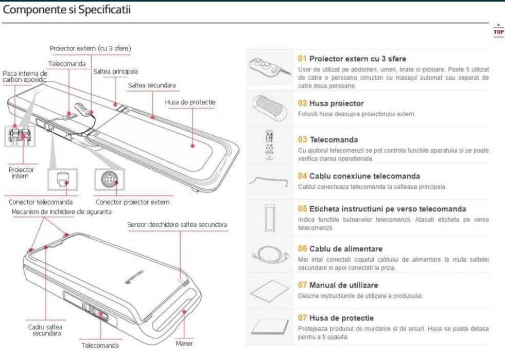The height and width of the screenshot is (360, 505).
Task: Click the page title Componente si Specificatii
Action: point(67,9)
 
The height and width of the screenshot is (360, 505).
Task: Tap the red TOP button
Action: point(498,31)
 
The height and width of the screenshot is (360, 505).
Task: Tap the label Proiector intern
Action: point(21,172)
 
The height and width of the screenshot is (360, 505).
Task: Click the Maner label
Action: point(184,343)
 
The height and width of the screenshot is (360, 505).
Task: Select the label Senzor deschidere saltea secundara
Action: point(177,225)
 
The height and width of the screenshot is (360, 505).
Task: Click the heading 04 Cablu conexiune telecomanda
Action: point(359,176)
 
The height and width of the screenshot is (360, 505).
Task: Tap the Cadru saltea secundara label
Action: point(45,330)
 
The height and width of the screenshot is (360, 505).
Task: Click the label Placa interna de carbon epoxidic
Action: point(24,77)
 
